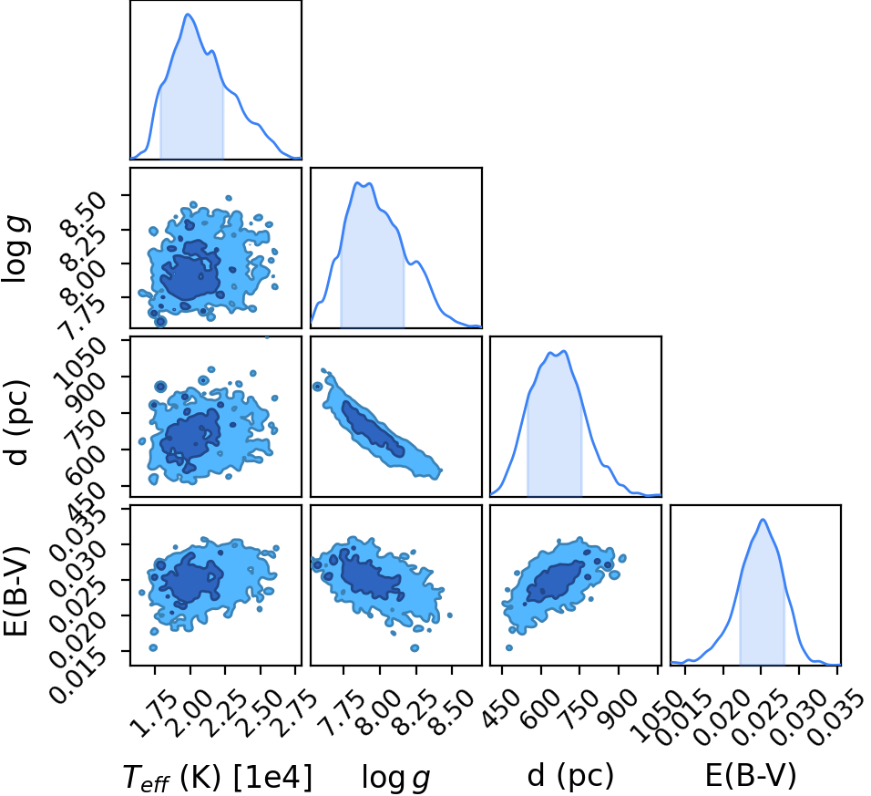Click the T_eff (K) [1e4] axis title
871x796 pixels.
pos(217,777)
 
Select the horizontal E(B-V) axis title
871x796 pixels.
pos(751,775)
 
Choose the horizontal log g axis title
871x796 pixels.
pos(395,777)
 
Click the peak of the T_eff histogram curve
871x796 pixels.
pos(188,14)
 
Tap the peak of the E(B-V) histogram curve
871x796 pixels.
pos(763,520)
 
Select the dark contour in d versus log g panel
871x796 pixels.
pos(373,429)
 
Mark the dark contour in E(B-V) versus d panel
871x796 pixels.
pos(556,582)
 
